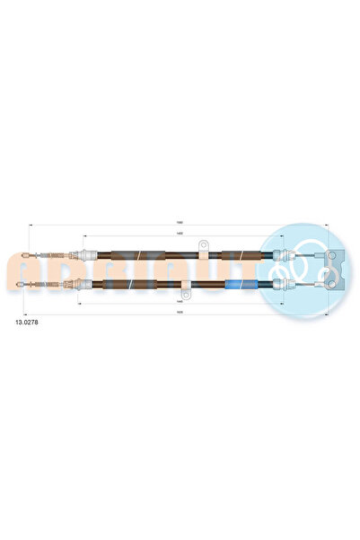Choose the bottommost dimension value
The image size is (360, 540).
(180, 314)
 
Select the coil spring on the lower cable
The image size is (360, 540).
(54, 287)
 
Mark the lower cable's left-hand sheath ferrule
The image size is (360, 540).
(86, 287)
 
